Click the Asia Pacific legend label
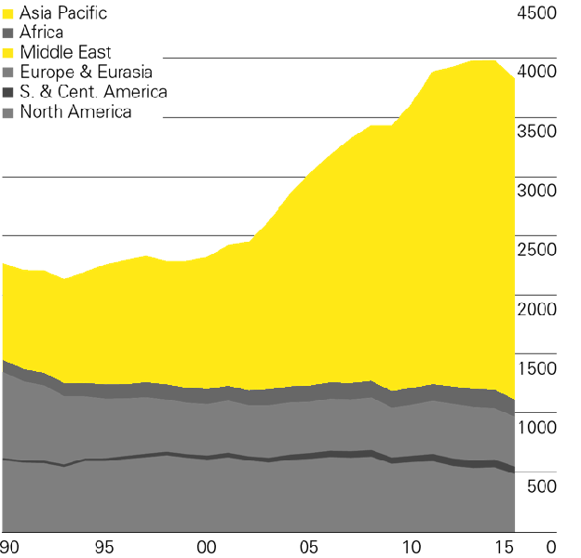62,13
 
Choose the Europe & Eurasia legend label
85,72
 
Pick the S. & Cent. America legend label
93,91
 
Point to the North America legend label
75,112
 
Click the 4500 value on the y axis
534,13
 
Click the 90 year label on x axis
11,546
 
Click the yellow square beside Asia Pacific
8,13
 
